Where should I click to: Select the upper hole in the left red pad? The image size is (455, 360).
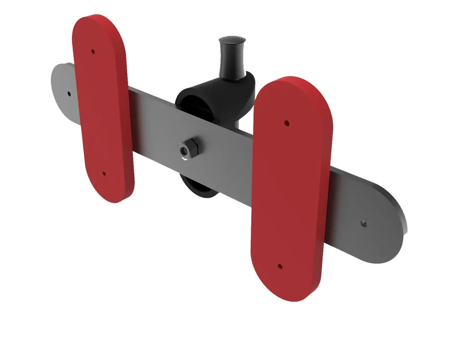pyautogui.click(x=93, y=51)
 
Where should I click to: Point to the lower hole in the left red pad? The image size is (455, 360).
pyautogui.click(x=104, y=173)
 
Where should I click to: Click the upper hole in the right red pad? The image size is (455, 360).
pyautogui.click(x=286, y=122)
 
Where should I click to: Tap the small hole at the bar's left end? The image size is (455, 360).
pyautogui.click(x=69, y=94)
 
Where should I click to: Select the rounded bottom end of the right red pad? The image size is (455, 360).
pyautogui.click(x=287, y=291)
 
